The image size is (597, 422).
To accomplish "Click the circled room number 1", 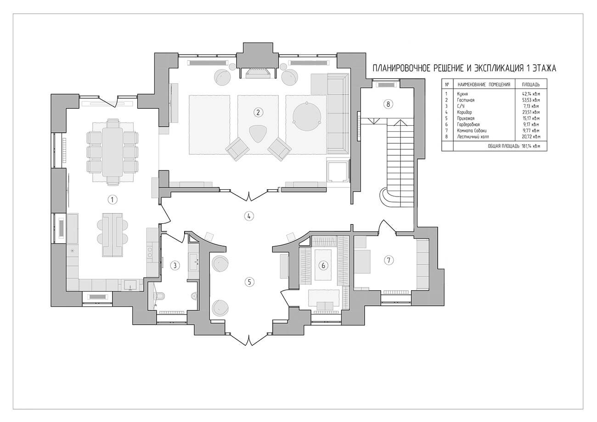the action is tap(112, 199).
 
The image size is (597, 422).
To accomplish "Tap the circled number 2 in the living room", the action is tap(258, 113).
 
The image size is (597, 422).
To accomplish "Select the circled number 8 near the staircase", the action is tap(388, 104).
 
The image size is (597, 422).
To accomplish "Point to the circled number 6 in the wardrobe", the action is tap(323, 265).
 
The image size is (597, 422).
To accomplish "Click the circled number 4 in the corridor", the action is tap(248, 216).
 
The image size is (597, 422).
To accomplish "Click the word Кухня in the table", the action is tap(462, 94).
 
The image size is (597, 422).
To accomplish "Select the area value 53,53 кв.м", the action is tap(531, 100).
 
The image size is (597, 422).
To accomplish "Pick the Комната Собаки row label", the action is tap(472, 131).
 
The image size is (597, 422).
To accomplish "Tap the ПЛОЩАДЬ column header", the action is tap(530, 84).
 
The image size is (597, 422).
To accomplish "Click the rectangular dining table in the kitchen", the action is tap(113, 152).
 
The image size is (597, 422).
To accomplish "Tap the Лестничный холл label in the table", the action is tap(473, 137).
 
